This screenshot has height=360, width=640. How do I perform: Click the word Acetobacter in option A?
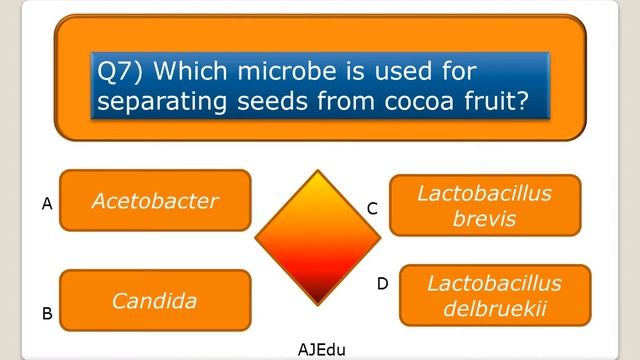155,201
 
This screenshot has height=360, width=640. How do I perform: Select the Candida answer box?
155,300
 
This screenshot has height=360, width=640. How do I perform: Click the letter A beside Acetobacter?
47,204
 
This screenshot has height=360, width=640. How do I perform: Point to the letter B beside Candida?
47,313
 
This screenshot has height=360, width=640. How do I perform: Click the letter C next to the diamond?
372,209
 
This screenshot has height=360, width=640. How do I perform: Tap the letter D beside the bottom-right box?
382,284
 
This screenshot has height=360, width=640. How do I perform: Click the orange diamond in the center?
317,237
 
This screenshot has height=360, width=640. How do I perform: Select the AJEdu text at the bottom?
321,349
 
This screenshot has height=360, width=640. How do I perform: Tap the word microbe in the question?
271,72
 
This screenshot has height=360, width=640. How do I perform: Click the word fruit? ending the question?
489,102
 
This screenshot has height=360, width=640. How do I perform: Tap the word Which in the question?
187,72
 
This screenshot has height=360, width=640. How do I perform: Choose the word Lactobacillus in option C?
484,193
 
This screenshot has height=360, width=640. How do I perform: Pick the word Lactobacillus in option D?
494,283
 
